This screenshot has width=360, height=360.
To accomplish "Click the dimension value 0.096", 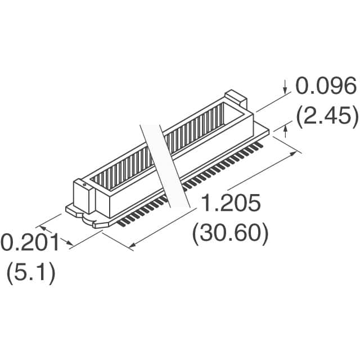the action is (x=326, y=86).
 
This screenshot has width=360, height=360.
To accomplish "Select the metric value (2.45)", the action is (x=327, y=115).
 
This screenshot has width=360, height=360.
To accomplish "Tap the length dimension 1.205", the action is (x=231, y=202).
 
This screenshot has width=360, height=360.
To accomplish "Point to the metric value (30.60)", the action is (x=230, y=232).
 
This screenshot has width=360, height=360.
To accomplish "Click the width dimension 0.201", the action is (x=30, y=242).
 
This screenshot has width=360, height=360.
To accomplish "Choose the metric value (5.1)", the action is (x=31, y=272).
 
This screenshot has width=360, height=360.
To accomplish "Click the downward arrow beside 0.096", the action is (x=285, y=87).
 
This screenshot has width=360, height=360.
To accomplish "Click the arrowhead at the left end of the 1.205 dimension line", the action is (x=132, y=245).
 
